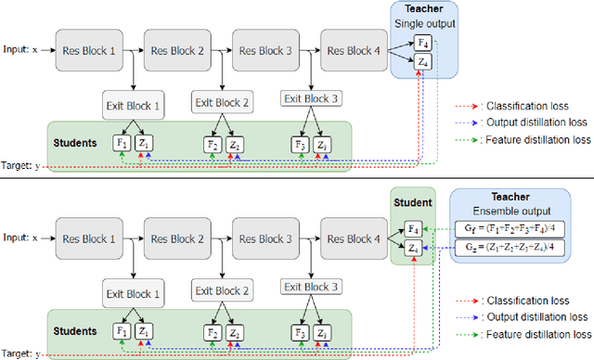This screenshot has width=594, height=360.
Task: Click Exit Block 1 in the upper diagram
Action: coord(132,105)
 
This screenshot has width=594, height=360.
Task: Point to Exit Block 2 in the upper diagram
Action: coord(220,101)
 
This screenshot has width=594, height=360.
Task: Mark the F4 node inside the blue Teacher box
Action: coord(423,42)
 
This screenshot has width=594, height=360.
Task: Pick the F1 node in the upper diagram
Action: coord(121,144)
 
